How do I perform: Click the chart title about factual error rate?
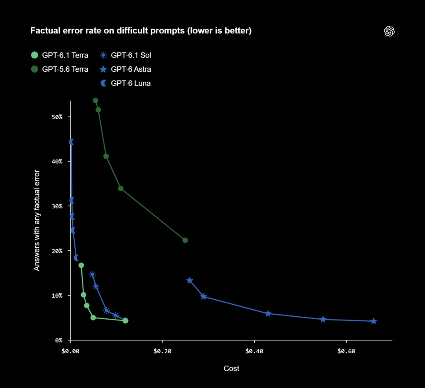click(141, 31)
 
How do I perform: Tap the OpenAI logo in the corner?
click(389, 31)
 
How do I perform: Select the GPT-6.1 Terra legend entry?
click(60, 55)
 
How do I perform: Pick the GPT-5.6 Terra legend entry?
click(60, 69)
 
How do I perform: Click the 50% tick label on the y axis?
click(57, 117)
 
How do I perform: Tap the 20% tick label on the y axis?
click(57, 251)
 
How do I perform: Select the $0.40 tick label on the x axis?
click(254, 351)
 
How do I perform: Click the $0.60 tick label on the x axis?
click(346, 351)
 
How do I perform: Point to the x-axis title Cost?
click(231, 369)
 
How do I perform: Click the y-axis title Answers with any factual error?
click(37, 221)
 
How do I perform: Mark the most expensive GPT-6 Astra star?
click(374, 321)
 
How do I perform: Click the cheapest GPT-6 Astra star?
click(190, 281)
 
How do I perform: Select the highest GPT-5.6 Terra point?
click(95, 100)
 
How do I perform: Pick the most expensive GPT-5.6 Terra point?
click(185, 240)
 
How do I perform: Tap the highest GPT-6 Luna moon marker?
click(71, 142)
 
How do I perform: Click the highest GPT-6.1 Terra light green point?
click(81, 265)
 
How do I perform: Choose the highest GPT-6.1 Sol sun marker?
click(93, 274)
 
